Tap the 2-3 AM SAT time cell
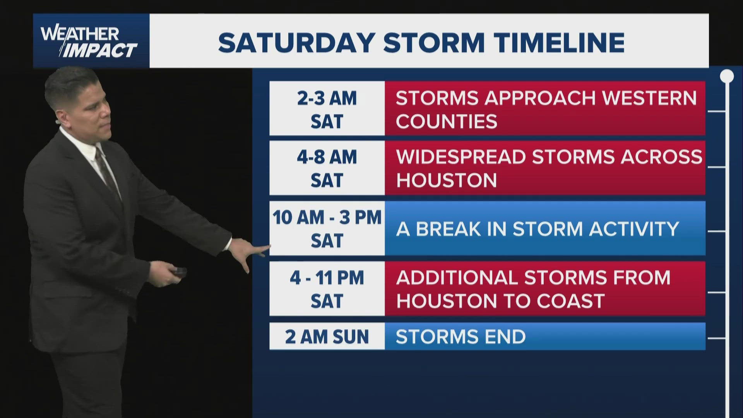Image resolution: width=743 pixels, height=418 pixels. pyautogui.click(x=327, y=108)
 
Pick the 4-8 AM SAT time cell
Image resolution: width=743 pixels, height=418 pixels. pyautogui.click(x=327, y=168)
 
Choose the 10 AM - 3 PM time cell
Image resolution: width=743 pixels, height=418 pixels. pyautogui.click(x=327, y=228)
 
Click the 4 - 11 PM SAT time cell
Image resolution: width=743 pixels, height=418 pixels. pyautogui.click(x=327, y=288)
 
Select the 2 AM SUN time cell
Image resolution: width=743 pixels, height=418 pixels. pyautogui.click(x=327, y=336)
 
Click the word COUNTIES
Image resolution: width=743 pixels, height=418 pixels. pyautogui.click(x=446, y=122)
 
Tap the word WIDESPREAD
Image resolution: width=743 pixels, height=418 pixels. pyautogui.click(x=461, y=157)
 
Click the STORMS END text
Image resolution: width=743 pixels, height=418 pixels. pyautogui.click(x=461, y=337)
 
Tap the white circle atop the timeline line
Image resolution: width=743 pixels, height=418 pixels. pyautogui.click(x=727, y=76)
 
